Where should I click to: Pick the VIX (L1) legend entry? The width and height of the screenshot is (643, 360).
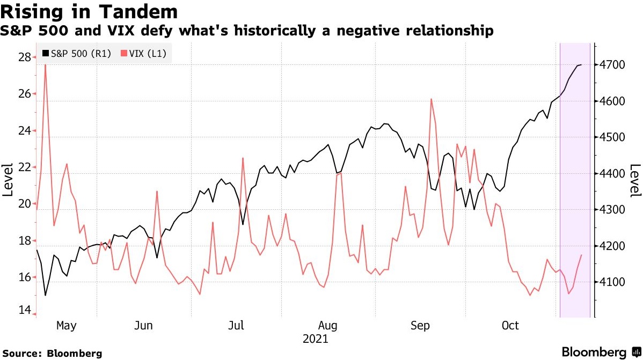coord(145,54)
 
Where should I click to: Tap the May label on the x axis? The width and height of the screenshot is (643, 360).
coord(67,326)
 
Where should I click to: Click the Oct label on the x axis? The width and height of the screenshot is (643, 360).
coord(510,326)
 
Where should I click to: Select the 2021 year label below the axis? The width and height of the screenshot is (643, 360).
coord(315,340)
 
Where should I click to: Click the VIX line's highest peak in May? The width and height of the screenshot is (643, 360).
coord(45,64)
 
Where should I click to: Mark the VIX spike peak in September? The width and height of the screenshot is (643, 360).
coord(431,99)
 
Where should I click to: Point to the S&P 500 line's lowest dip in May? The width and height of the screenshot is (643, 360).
coord(45,295)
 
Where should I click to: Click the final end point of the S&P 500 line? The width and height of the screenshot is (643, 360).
coord(581,65)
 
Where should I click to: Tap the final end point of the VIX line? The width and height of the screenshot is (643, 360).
coord(581,255)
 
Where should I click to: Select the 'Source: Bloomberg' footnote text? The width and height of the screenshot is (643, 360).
coord(53,354)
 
